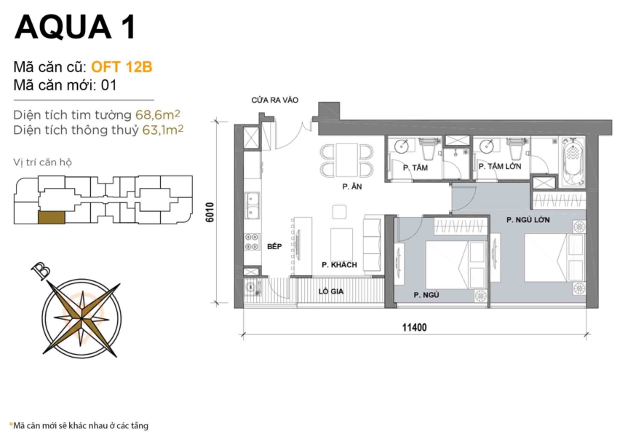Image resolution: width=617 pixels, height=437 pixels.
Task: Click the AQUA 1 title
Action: [74, 27]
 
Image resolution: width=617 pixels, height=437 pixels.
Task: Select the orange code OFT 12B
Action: [121, 67]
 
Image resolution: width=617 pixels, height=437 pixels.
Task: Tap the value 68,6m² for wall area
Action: [158, 114]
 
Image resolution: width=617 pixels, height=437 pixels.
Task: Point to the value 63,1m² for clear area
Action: [160, 130]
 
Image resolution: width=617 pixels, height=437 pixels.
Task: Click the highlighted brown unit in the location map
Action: [49, 216]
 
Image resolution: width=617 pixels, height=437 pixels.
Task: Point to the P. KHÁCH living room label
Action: [339, 265]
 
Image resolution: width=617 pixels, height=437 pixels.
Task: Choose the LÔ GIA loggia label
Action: [330, 291]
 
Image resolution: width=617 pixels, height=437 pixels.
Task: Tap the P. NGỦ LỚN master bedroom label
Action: [528, 219]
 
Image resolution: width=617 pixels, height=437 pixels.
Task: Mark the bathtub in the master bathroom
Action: [573, 162]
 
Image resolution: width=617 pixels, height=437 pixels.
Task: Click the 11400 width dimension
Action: [413, 328]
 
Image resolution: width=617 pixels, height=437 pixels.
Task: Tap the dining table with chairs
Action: [346, 160]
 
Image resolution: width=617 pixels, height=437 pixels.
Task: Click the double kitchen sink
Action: [252, 205]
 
